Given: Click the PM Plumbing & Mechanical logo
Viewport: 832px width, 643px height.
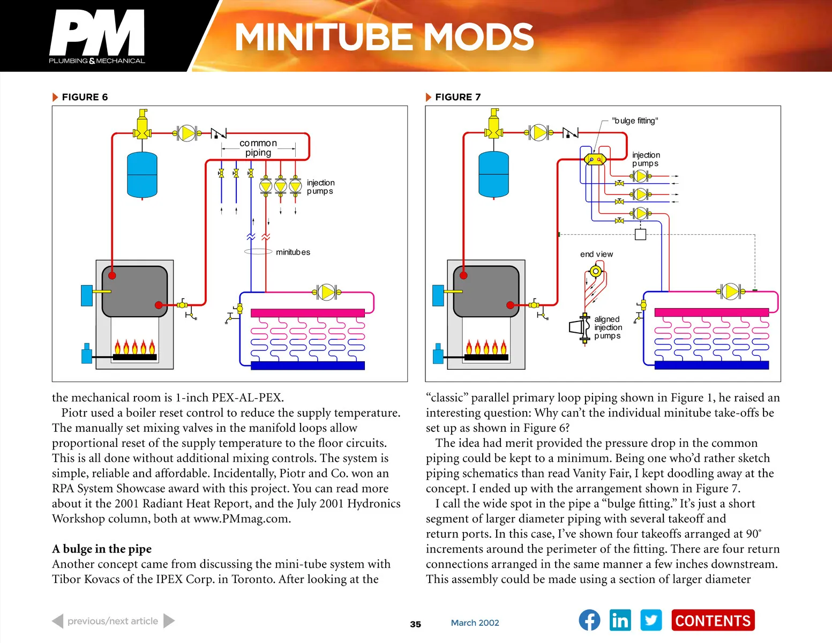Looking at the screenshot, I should tap(97, 36).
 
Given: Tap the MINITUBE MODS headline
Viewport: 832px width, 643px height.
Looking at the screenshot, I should tap(384, 37).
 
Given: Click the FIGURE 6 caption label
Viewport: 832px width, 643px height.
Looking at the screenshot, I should tap(84, 97).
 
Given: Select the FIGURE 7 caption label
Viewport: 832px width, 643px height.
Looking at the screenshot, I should tap(458, 97).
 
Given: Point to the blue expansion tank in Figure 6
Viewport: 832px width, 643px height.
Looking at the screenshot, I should tap(142, 175).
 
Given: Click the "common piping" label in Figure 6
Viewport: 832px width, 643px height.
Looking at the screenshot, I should tap(258, 148).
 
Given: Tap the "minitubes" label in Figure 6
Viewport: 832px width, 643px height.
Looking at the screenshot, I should tap(293, 252).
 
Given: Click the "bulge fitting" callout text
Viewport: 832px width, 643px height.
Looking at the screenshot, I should tap(635, 121).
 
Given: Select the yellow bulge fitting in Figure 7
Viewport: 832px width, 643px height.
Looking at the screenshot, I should tap(595, 159).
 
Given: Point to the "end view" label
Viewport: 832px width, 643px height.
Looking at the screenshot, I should tap(596, 254).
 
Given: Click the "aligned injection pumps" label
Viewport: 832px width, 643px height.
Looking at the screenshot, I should tap(608, 327).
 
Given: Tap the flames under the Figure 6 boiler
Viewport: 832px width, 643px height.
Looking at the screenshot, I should tap(134, 347).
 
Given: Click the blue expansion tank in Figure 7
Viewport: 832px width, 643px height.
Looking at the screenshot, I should tap(493, 175).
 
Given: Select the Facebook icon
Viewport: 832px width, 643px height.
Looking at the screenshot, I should tap(589, 620).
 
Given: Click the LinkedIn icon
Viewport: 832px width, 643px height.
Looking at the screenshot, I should tap(620, 620).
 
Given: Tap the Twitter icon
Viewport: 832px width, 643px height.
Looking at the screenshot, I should tap(651, 620).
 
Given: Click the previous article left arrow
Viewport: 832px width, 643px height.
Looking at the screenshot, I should tap(58, 621).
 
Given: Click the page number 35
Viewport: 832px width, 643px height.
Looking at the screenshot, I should tap(415, 624).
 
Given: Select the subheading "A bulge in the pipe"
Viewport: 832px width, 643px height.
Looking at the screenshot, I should tap(102, 549).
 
